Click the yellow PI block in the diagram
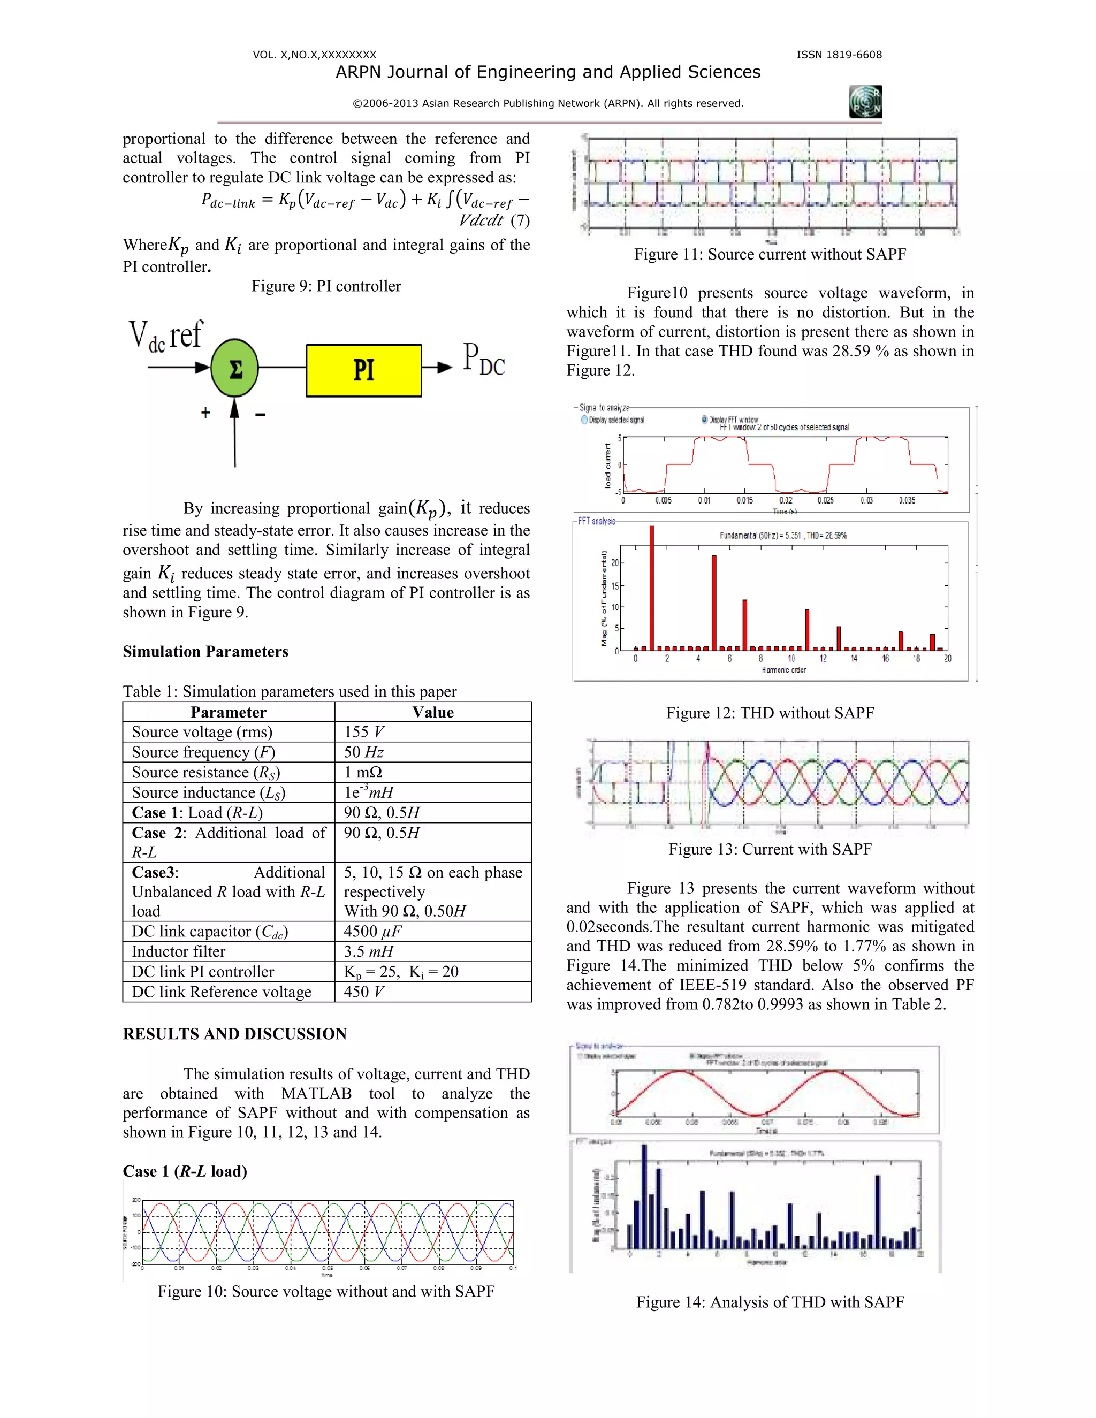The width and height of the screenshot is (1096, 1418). click(363, 370)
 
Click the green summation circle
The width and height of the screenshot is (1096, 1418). click(235, 368)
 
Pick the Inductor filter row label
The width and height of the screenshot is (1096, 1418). click(179, 951)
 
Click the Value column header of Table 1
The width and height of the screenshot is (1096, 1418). click(433, 712)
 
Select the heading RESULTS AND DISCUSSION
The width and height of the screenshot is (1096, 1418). click(234, 1034)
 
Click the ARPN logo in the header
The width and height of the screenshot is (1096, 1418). click(865, 102)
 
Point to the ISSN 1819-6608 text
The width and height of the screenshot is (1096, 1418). click(839, 55)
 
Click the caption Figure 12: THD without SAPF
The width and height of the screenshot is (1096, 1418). click(770, 713)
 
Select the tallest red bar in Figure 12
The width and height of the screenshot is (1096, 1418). click(651, 588)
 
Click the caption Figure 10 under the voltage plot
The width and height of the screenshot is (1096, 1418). click(326, 1291)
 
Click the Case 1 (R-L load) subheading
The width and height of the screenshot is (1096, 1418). click(185, 1171)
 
